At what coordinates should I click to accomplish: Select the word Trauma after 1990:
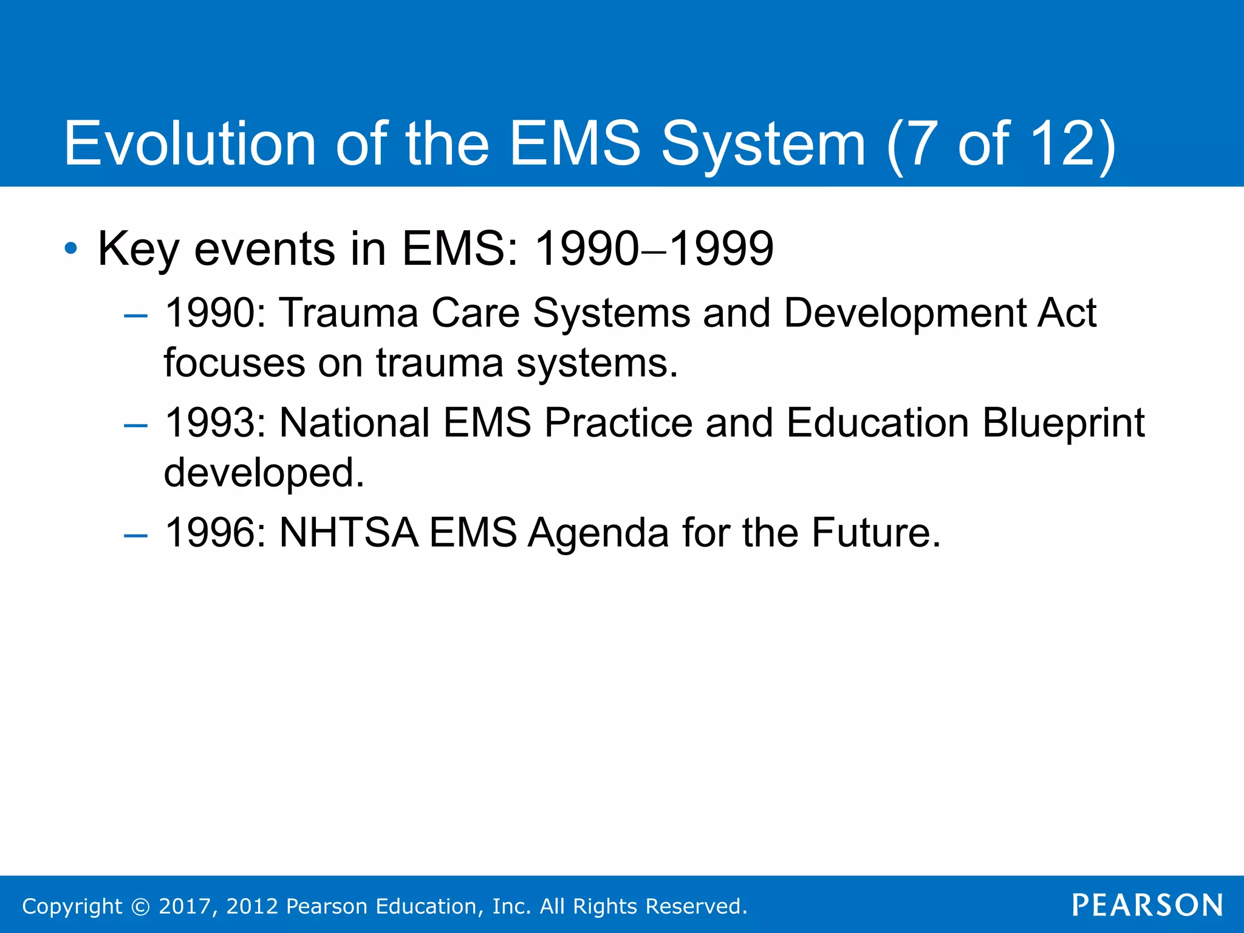click(349, 313)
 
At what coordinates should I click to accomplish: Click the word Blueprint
click(1063, 423)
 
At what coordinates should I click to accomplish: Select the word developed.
click(264, 473)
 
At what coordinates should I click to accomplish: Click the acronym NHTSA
click(349, 533)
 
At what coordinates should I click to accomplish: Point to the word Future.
click(875, 533)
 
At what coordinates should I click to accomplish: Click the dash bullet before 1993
click(135, 425)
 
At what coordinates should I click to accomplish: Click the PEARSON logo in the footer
click(1147, 905)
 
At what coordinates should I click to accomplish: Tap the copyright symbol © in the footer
click(140, 906)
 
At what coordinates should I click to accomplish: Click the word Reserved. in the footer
click(696, 906)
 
